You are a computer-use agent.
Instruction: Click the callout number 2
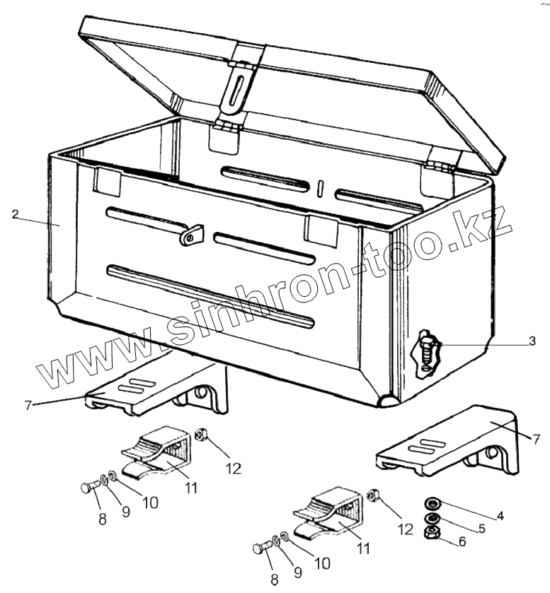tap(15, 213)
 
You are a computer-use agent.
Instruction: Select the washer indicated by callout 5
tap(430, 519)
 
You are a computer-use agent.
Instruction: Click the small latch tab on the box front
tap(191, 234)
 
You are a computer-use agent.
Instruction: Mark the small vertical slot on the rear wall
tap(320, 188)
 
